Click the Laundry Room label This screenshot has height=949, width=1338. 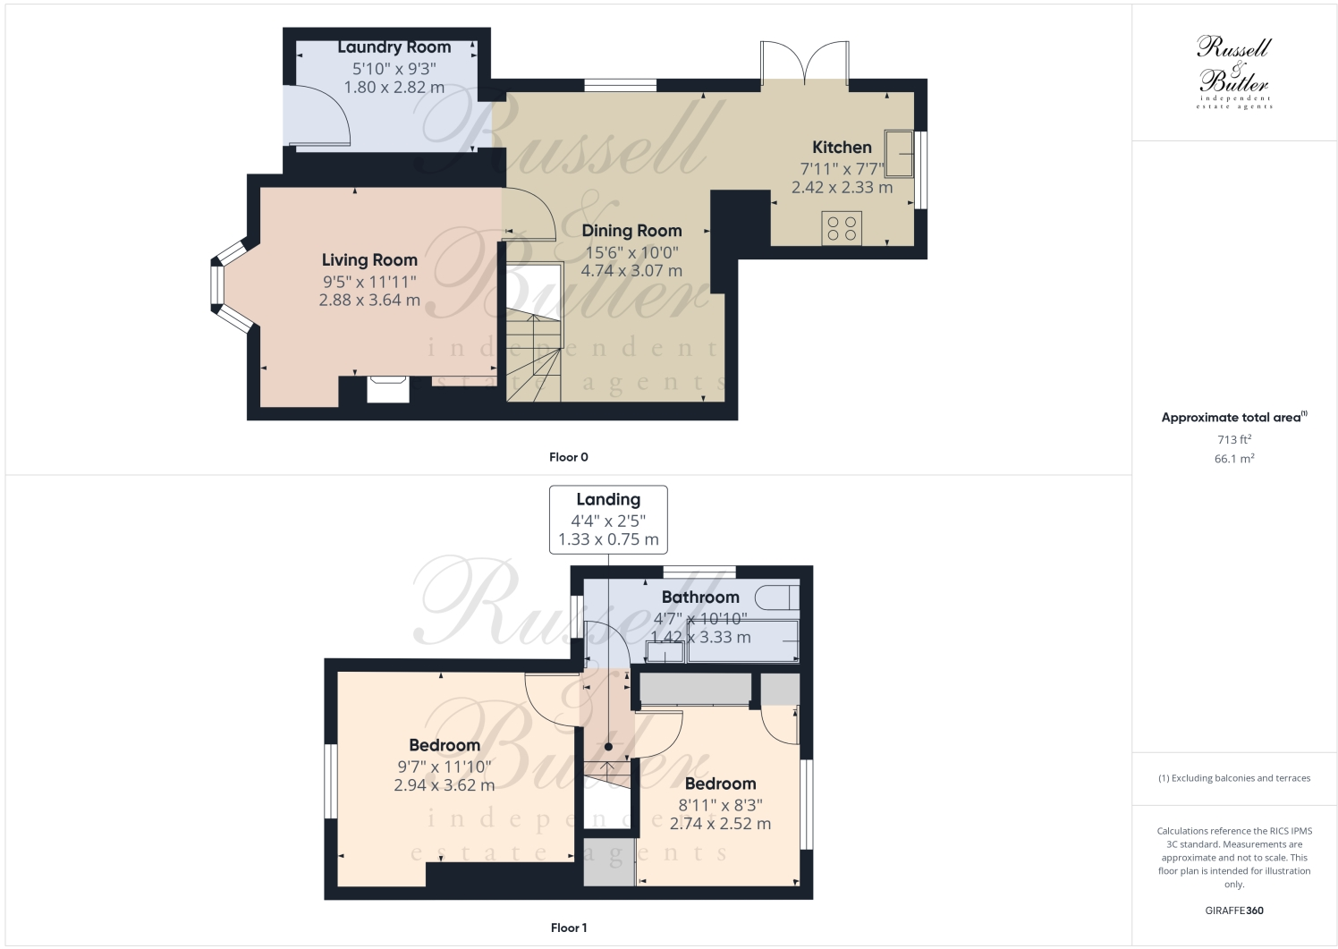tap(394, 47)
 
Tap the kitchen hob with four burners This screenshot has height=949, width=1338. tap(842, 227)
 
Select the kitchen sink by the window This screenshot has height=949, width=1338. tap(899, 154)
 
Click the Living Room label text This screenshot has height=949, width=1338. tap(369, 260)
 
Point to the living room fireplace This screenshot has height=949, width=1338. tap(388, 389)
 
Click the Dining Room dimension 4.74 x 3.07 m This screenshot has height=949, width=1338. tap(631, 270)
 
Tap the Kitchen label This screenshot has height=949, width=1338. tap(842, 148)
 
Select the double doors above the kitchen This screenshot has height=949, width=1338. tap(804, 64)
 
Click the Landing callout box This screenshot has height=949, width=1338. tap(608, 519)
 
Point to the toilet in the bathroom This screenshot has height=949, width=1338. tap(777, 597)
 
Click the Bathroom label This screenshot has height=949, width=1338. tap(700, 597)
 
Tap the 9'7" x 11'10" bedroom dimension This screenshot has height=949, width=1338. tap(445, 767)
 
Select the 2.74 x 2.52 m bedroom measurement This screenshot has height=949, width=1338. tap(720, 824)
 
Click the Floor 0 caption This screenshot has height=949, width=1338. tap(569, 457)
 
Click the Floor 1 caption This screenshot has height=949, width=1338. tap(569, 928)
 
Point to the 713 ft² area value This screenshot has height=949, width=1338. tap(1234, 439)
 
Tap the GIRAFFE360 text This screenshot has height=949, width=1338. tap(1234, 911)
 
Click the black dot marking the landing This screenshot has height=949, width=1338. tap(608, 746)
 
